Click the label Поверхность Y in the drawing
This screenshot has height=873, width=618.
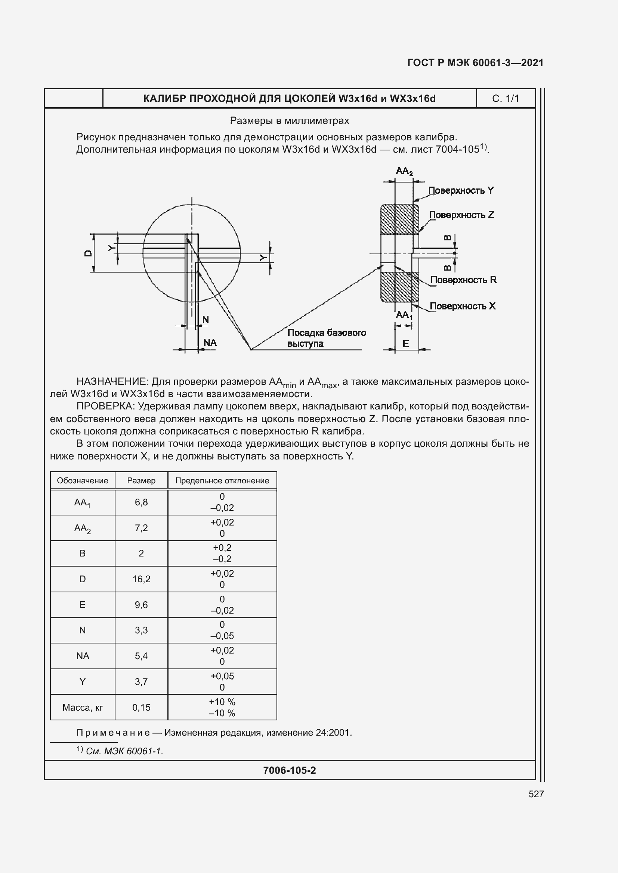click(461, 190)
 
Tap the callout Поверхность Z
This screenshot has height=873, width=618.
click(461, 215)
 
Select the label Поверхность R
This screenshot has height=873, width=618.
click(463, 280)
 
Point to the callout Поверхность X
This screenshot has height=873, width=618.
click(462, 306)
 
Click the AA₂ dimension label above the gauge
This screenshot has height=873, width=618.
click(404, 171)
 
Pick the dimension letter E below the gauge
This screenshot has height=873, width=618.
click(406, 344)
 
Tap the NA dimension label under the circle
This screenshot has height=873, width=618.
click(210, 343)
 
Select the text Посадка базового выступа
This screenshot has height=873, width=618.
click(326, 338)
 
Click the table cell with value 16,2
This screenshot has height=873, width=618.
click(141, 579)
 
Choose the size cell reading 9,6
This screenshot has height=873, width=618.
click(141, 605)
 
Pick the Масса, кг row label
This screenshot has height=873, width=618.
click(82, 707)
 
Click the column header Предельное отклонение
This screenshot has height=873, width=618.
click(222, 481)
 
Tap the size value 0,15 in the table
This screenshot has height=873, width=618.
click(141, 707)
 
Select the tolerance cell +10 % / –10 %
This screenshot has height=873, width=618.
click(222, 707)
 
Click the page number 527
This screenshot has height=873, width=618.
click(536, 794)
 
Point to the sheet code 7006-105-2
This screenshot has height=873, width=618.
click(289, 770)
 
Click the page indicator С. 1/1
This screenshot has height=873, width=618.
click(505, 99)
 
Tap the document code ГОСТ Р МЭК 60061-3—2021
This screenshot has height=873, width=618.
click(475, 63)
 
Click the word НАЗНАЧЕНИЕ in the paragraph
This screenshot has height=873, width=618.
click(111, 381)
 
